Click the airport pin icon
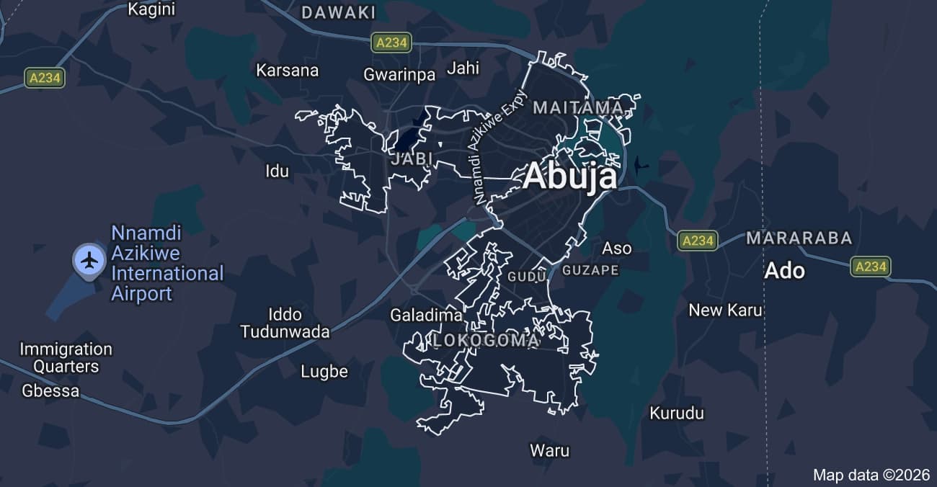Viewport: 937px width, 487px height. click(89, 259)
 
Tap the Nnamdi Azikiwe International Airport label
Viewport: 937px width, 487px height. click(166, 264)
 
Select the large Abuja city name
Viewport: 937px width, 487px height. click(569, 177)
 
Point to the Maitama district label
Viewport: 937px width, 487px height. click(578, 108)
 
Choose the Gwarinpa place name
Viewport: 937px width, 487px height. click(399, 74)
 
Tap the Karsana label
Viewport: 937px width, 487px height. click(287, 70)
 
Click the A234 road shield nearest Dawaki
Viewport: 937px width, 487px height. click(391, 43)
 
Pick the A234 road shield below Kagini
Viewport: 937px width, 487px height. click(45, 78)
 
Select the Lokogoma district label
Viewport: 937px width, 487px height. click(486, 341)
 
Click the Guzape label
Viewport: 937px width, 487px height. click(590, 270)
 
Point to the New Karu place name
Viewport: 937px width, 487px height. click(725, 310)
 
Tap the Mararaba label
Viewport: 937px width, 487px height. click(799, 238)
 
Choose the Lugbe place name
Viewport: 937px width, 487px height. click(324, 372)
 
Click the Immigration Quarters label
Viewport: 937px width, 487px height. click(66, 357)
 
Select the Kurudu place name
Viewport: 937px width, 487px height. click(676, 414)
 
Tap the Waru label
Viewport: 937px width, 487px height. click(549, 451)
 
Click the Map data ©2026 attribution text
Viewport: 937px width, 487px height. click(871, 475)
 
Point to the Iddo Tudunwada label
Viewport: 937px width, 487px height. click(285, 323)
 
